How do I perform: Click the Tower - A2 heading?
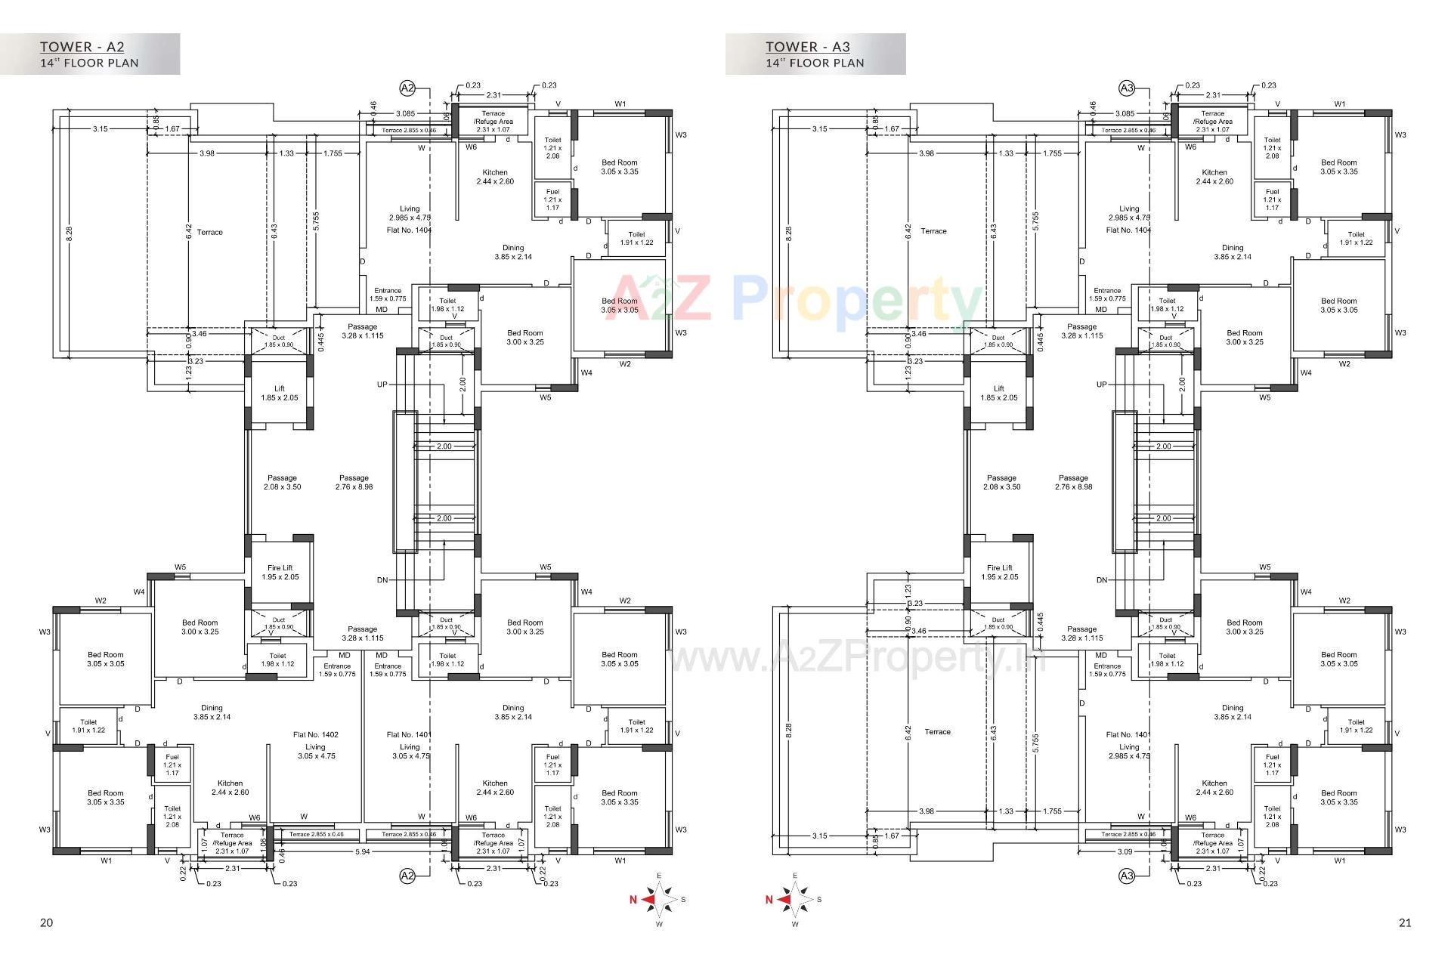[82, 47]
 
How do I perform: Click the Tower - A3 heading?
[807, 47]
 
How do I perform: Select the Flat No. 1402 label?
[315, 734]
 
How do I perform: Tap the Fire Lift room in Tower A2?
[280, 572]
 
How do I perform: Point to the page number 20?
[46, 922]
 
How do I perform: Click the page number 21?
[1404, 922]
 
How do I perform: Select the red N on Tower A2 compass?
[633, 900]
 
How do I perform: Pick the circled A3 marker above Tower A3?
[1126, 88]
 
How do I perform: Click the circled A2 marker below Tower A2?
[407, 876]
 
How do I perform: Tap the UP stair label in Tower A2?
[382, 385]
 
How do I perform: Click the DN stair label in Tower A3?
[1102, 580]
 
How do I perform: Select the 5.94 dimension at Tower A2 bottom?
[363, 851]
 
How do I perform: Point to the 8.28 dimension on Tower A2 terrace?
[69, 234]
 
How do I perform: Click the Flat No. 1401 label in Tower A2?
[409, 734]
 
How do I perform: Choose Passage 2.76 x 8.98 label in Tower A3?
[1073, 482]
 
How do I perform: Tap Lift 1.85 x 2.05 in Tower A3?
[999, 393]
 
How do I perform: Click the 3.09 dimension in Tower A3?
[1124, 851]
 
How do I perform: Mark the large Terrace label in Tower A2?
[209, 232]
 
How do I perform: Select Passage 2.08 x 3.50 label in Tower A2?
[282, 482]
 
